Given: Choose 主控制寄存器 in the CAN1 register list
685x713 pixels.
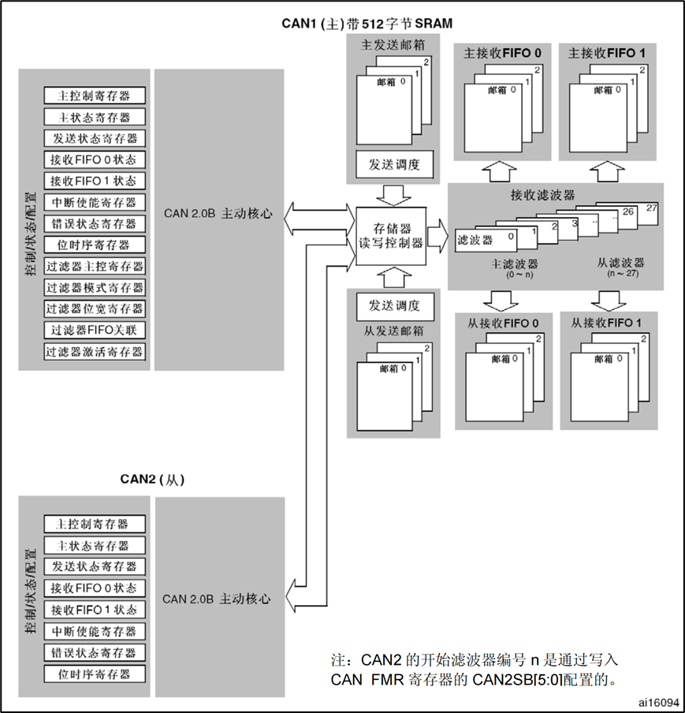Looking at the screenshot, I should pos(95,95).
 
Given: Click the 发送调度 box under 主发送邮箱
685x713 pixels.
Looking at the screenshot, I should pos(389,165).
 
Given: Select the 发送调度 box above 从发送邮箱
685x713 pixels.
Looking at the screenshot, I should pos(389,305).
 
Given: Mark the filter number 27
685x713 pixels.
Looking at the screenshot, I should pos(650,207).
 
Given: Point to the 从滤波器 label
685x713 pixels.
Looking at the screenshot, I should pos(622,263).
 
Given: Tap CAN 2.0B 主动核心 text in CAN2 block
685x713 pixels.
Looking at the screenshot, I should pos(217,599).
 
